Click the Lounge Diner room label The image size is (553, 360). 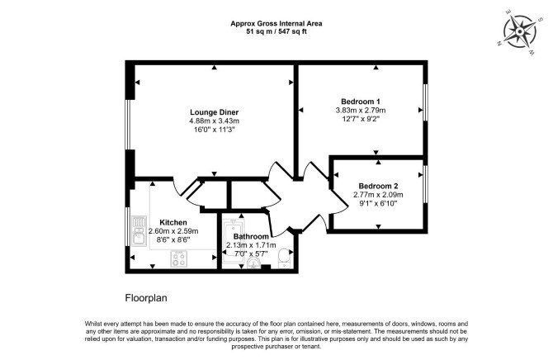214,112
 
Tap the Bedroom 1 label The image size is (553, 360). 361,102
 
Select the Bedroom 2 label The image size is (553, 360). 378,186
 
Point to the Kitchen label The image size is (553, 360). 173,222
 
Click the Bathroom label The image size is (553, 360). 251,236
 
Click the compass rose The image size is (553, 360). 519,32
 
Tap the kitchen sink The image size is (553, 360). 139,231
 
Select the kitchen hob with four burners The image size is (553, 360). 179,258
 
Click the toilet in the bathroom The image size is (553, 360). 284,258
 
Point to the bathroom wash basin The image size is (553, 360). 253,263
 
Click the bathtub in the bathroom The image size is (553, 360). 233,241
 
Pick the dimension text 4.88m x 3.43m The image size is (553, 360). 214,121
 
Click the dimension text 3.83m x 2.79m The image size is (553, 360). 361,110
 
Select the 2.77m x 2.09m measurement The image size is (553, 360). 378,195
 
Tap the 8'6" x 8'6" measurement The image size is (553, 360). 173,239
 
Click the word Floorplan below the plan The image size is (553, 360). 146,298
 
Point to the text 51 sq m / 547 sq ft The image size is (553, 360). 276,31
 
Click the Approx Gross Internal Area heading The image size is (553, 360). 276,24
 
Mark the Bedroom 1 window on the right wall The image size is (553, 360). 425,102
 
